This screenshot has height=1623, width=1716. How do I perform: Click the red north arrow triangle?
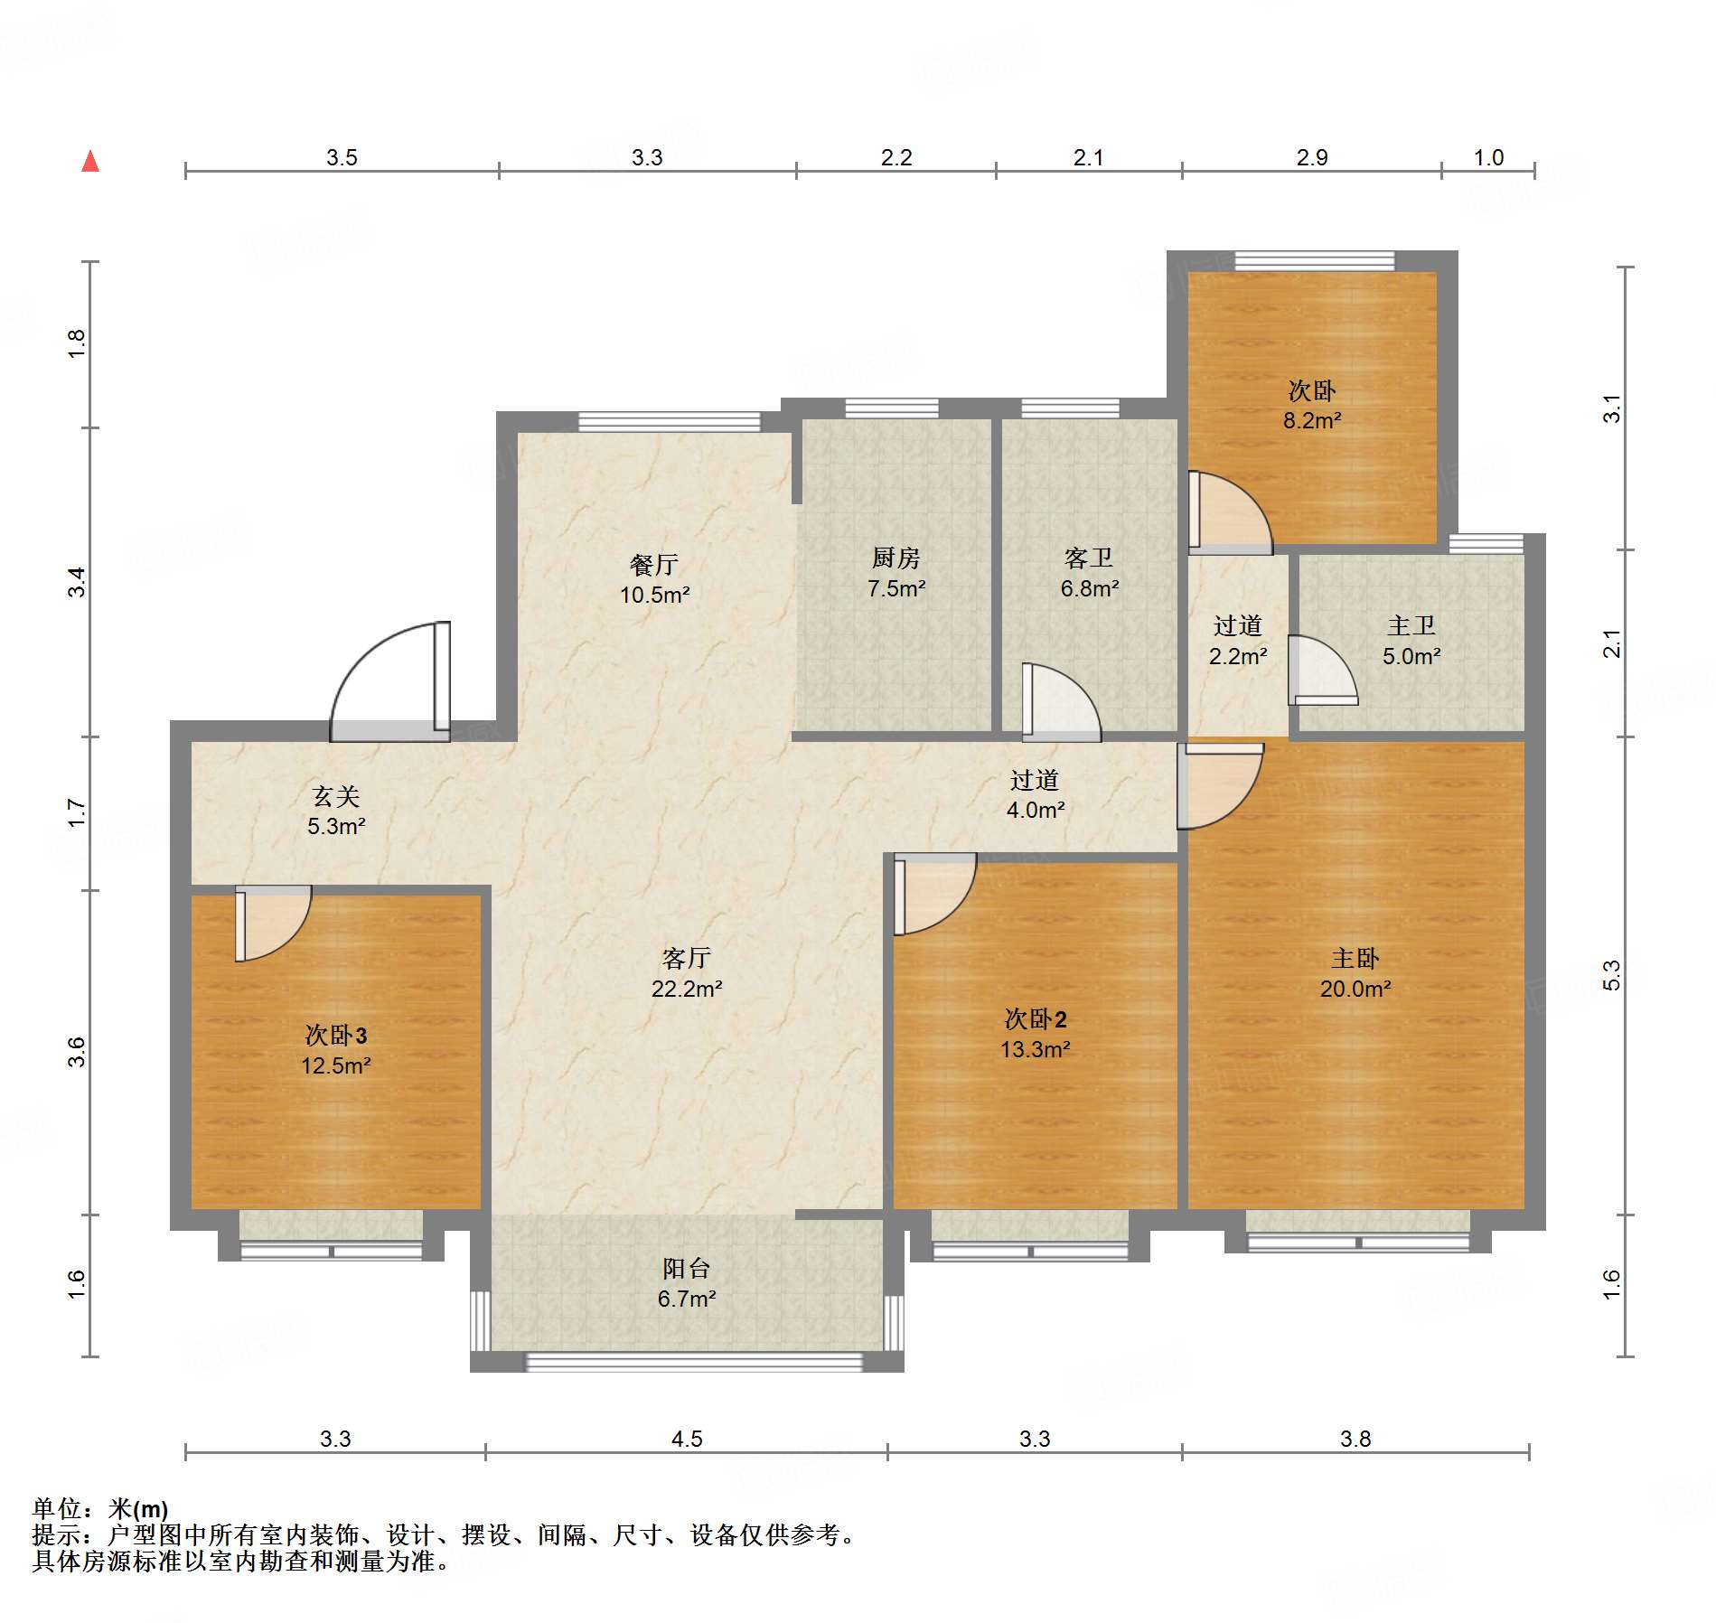point(90,162)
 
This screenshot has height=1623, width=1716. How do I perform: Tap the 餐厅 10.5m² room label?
point(654,579)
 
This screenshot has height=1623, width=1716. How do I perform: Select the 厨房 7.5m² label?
point(896,573)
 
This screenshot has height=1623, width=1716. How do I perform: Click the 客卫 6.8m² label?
point(1089,573)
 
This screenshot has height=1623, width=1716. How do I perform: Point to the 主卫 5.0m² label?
point(1411,641)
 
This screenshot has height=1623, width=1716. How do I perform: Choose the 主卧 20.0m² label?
point(1355,973)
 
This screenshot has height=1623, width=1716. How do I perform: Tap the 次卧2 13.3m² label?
point(1035,1034)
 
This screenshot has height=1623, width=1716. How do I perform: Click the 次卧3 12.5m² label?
point(335,1050)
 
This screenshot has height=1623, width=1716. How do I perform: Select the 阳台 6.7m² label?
point(686,1283)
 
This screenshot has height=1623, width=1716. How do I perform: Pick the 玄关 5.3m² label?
point(335,811)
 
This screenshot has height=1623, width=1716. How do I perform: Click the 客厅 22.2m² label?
point(686,973)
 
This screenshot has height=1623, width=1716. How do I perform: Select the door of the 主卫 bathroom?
point(1321,671)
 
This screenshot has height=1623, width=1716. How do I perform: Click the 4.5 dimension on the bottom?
point(686,1439)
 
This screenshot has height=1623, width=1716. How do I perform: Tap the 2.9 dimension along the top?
point(1311,157)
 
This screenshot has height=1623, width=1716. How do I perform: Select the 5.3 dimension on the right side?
point(1611,975)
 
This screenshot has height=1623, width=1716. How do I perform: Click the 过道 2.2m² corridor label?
point(1237,641)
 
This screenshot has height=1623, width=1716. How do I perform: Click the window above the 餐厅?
point(669,421)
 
